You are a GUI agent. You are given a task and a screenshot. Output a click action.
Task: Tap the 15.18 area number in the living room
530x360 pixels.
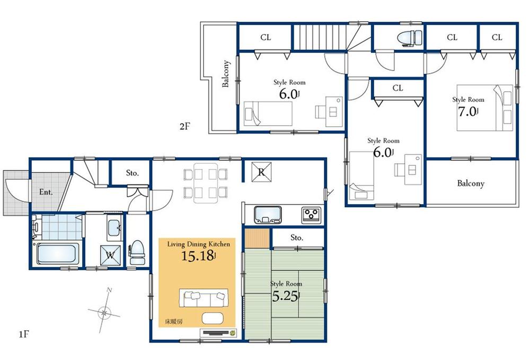point(198,257)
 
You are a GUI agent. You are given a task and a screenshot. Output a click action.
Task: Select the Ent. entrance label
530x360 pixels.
point(46,192)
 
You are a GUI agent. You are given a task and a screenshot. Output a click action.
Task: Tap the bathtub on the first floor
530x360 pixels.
point(57,253)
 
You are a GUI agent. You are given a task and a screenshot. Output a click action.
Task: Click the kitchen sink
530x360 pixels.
point(269,214)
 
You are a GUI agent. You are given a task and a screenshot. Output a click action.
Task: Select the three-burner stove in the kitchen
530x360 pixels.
point(311,215)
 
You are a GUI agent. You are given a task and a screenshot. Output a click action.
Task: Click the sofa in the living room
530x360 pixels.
point(204,298)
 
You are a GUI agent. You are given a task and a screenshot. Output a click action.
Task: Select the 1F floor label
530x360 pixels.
point(24,335)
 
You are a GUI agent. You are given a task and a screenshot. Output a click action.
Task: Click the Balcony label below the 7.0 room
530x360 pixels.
point(471,183)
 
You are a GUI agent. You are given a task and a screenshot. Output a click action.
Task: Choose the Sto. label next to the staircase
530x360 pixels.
point(132,173)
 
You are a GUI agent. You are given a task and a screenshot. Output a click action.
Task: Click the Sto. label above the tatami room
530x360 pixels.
point(297,238)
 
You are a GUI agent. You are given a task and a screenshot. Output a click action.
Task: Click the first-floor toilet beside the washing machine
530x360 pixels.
point(137,251)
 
